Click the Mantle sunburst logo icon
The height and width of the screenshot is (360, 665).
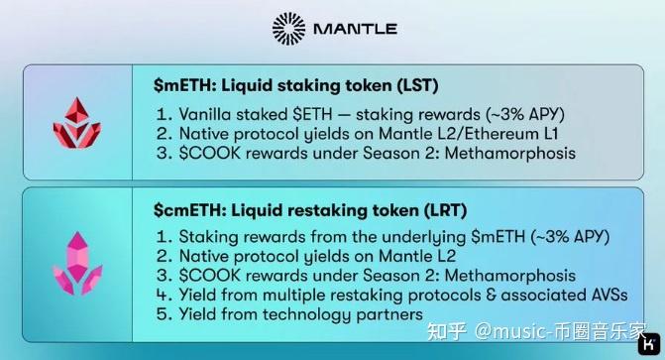click(x=289, y=28)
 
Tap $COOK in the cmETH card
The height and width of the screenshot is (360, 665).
click(x=210, y=276)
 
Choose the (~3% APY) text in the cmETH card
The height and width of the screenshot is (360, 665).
click(x=558, y=237)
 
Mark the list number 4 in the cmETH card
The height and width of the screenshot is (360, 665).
click(x=163, y=296)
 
